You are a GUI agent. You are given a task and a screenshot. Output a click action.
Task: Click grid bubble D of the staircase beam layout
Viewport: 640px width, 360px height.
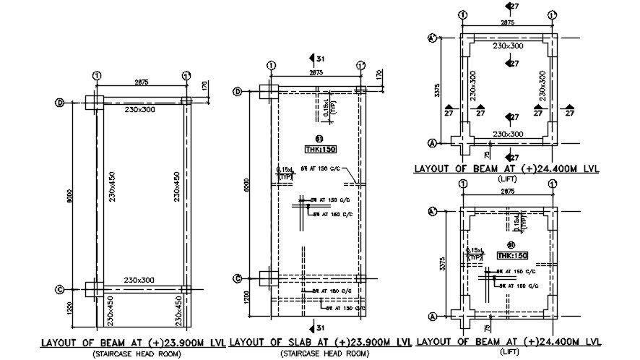(60, 103)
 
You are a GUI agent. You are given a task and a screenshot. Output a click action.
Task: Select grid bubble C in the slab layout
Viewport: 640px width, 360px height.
(237, 278)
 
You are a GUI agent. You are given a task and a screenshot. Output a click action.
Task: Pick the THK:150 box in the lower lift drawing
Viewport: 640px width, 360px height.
(512, 255)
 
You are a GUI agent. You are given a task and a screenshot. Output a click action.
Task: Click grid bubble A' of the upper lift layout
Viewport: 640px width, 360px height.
(433, 38)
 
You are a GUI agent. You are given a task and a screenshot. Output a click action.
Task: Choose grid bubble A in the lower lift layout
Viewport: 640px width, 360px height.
(433, 316)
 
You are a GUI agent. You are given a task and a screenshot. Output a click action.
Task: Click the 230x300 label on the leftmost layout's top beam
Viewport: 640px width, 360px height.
(140, 109)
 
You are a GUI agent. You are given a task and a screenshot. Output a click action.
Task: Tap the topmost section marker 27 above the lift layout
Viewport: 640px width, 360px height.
(511, 7)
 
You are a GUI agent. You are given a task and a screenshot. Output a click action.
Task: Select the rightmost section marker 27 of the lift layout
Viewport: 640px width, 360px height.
(569, 111)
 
